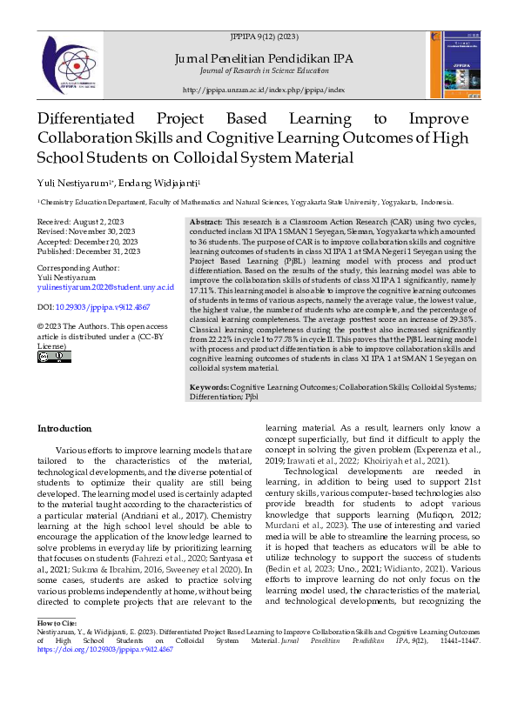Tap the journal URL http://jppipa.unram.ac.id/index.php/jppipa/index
point(264,90)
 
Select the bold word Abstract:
point(205,223)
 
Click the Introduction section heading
point(65,429)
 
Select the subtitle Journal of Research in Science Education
point(263,70)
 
